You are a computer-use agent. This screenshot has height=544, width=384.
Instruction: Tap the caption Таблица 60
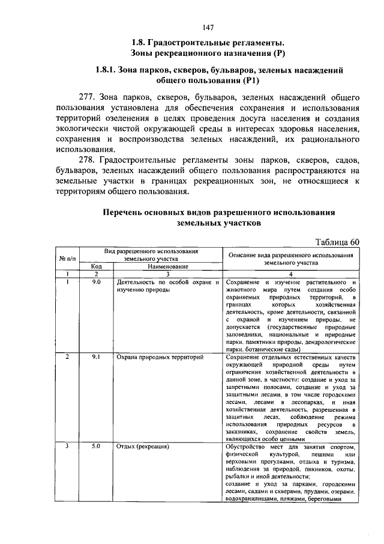337,242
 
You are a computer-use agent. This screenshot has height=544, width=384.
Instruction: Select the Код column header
96,266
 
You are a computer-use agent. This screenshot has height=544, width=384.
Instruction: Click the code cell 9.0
96,281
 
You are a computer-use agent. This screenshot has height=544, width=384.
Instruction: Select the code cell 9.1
96,357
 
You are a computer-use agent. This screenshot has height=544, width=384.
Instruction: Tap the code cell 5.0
96,447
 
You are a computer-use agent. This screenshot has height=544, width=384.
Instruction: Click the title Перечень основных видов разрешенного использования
218,213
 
